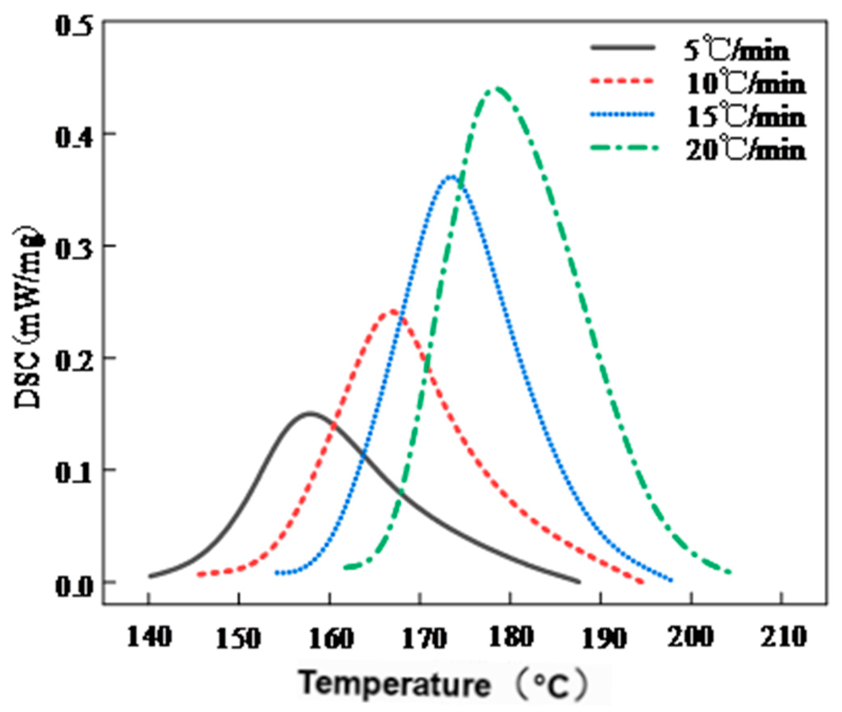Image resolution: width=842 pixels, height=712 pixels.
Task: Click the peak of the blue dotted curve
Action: pos(452,176)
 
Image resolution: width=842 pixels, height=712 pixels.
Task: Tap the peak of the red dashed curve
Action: pos(393,311)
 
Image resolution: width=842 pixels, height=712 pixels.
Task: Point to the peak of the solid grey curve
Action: pos(310,413)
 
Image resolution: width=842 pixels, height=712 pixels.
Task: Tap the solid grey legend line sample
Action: pos(622,48)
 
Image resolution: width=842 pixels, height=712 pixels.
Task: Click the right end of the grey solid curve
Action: pos(579,582)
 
